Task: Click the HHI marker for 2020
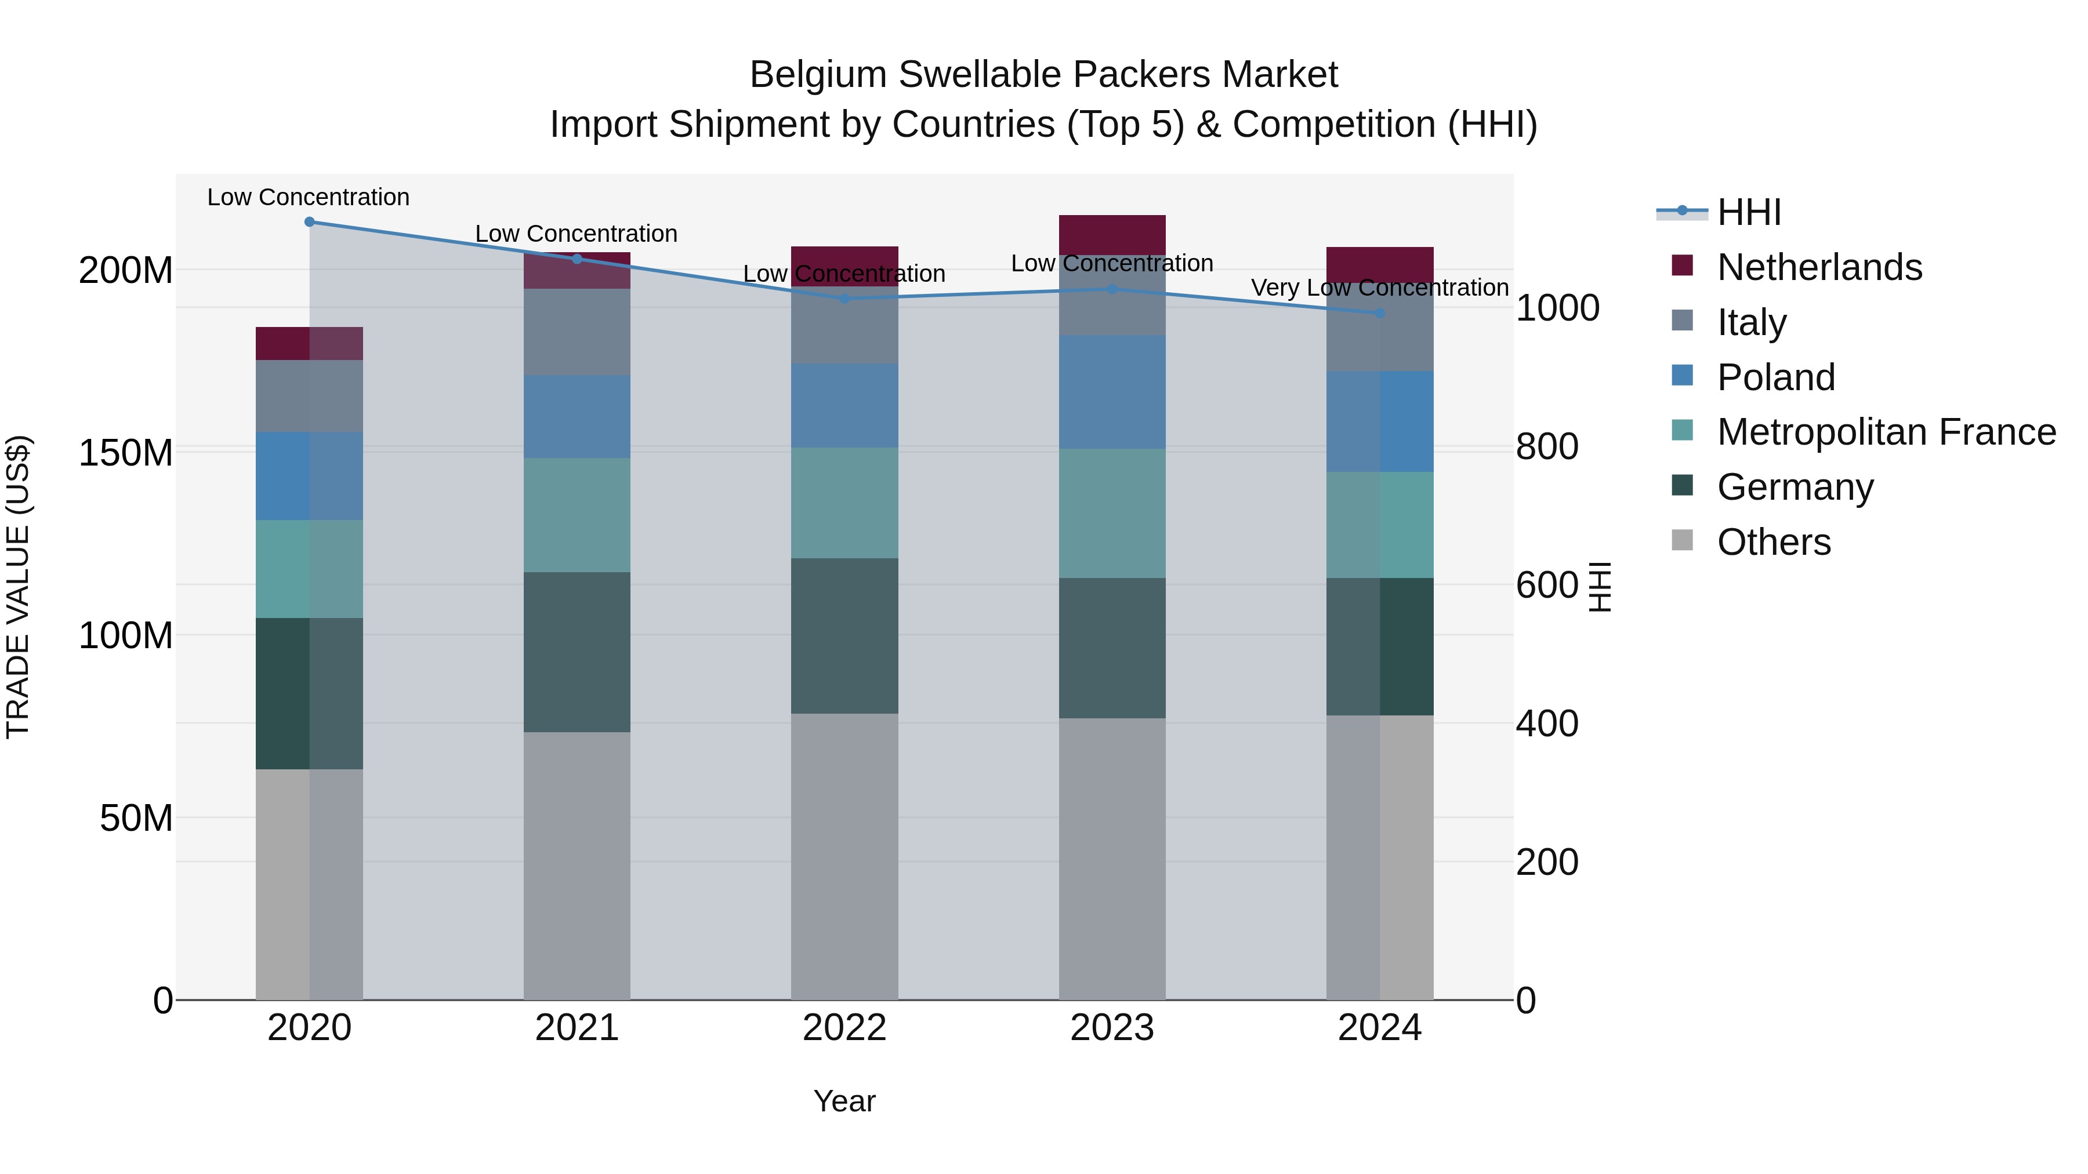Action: (x=310, y=222)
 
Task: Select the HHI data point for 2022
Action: (x=844, y=299)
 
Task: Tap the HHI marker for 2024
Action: (x=1380, y=312)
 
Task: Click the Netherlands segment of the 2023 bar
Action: (x=1112, y=235)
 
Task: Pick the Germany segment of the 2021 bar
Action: (x=577, y=652)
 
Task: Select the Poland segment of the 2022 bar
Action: (x=844, y=405)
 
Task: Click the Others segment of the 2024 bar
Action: (x=1380, y=857)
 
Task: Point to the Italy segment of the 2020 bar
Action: (x=310, y=395)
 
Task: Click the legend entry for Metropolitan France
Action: (x=1886, y=432)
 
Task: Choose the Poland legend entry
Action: (x=1775, y=377)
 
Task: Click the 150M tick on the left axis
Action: (x=126, y=452)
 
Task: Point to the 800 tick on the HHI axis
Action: (x=1546, y=446)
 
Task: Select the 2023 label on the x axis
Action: (x=1112, y=1028)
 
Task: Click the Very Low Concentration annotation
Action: (x=1380, y=288)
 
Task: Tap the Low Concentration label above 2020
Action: (x=308, y=197)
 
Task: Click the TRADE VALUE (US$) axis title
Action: (x=18, y=587)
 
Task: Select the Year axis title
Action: (x=844, y=1101)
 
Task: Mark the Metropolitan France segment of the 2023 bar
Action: (x=1112, y=513)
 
